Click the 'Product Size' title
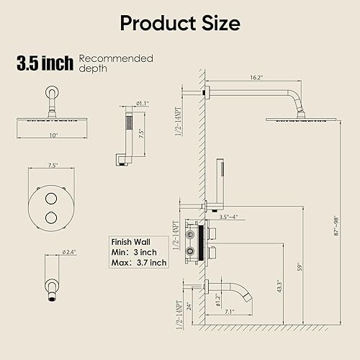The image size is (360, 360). tap(180, 24)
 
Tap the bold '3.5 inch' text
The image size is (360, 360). tap(45, 63)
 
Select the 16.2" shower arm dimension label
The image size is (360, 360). tap(256, 78)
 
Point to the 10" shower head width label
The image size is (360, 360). tap(53, 135)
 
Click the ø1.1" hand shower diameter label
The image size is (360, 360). tap(143, 104)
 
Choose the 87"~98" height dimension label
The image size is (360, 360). tap(336, 226)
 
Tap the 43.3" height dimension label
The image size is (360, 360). tap(279, 286)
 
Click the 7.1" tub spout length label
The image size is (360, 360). tap(230, 312)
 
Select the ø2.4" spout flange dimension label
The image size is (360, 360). tap(69, 252)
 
